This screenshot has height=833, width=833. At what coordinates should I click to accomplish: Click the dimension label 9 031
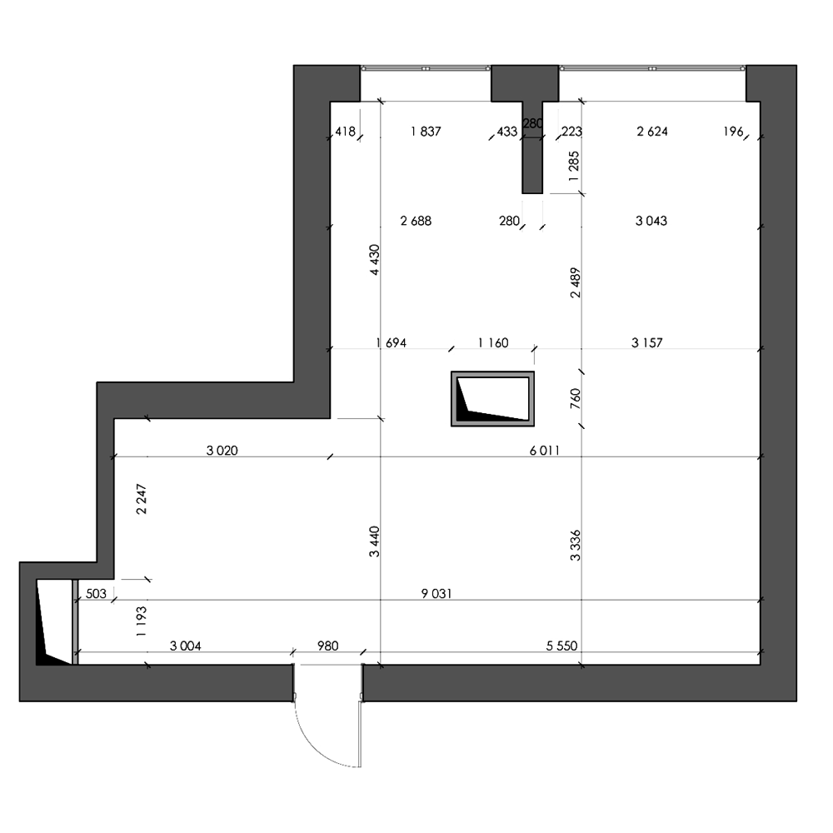(436, 593)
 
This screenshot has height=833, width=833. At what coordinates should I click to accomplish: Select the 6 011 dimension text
(545, 451)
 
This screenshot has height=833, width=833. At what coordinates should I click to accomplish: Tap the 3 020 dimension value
(222, 451)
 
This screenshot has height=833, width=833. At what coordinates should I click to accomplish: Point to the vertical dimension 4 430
(375, 260)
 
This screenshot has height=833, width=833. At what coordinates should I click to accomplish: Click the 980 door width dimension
(327, 646)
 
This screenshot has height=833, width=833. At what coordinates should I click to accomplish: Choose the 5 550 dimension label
(561, 646)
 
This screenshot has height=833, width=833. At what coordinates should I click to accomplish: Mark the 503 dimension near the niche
(96, 593)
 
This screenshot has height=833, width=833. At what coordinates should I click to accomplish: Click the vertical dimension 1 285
(574, 167)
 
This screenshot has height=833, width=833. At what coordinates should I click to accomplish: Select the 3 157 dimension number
(647, 343)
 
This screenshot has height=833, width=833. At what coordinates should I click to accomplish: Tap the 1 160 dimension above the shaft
(493, 343)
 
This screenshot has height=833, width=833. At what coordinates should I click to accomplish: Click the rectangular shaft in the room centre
(492, 398)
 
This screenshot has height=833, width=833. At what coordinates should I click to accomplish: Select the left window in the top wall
(426, 68)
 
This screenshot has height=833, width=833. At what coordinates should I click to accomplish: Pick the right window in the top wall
(652, 68)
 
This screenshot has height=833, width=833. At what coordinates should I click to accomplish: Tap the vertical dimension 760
(576, 398)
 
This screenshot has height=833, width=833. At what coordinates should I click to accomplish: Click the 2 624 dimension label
(652, 132)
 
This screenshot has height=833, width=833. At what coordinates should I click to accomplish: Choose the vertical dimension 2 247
(142, 499)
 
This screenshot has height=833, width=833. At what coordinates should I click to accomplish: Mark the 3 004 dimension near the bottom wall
(186, 646)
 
